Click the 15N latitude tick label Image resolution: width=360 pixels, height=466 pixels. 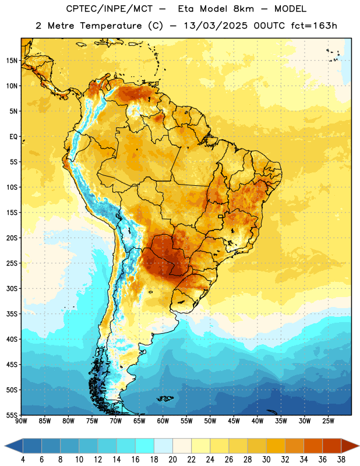point(12,61)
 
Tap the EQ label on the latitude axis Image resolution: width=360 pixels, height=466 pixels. point(13,137)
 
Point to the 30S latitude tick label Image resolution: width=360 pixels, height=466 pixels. point(12,288)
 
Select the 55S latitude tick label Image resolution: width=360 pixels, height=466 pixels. point(12,415)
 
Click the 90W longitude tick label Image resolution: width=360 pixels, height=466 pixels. point(21,421)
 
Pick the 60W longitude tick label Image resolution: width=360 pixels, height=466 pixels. point(163,421)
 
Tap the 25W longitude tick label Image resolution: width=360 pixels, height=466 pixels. point(328,421)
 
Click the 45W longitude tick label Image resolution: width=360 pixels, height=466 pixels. point(234,421)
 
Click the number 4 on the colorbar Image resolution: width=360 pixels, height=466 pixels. point(23,460)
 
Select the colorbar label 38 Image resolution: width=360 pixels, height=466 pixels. point(341,460)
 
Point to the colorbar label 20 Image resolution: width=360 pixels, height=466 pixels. point(172,460)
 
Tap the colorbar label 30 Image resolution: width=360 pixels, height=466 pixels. point(266,460)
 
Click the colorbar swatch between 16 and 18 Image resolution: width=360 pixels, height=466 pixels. point(145,446)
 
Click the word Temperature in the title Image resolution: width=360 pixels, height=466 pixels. point(111,26)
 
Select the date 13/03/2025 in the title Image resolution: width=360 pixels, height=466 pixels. point(216,26)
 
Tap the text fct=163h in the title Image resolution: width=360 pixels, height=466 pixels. point(314,26)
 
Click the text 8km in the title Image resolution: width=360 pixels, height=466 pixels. point(243,9)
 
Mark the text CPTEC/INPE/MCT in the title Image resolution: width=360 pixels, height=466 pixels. point(110,9)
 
